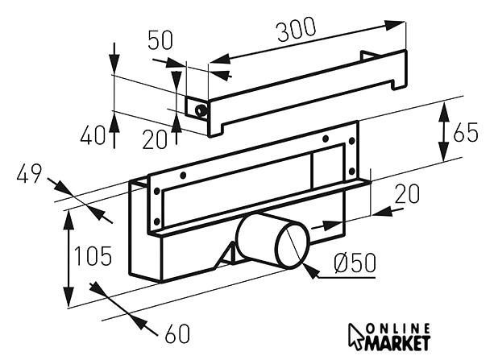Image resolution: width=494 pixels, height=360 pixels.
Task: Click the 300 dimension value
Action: point(296,31)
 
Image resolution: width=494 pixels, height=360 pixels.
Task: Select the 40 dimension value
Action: point(93,135)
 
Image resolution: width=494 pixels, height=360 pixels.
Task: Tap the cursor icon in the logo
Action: point(356,337)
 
